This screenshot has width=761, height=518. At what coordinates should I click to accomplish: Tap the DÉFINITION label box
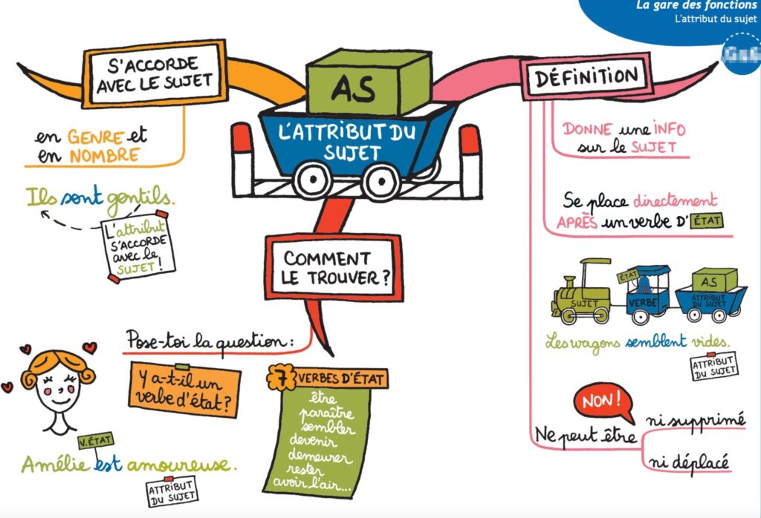click(x=586, y=76)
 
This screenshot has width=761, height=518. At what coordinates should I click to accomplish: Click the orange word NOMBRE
click(x=104, y=155)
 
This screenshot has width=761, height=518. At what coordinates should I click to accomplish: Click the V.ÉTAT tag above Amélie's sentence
click(x=94, y=442)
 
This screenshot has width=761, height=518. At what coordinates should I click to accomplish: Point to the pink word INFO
click(x=669, y=128)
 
